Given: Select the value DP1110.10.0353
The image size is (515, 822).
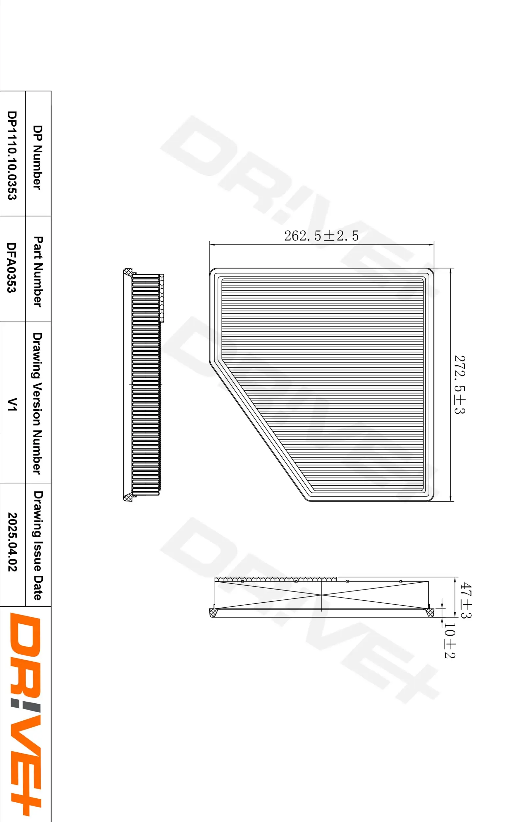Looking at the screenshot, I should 12,155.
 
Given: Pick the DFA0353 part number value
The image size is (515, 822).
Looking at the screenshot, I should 12,267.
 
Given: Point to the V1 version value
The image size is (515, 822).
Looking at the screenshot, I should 12,404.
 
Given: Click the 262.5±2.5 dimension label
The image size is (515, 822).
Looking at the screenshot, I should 321,236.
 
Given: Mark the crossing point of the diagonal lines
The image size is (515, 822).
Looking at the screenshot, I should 321,595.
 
